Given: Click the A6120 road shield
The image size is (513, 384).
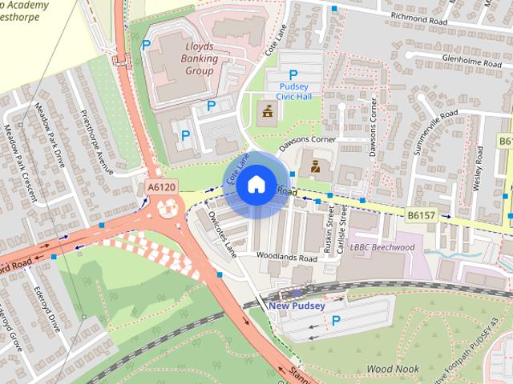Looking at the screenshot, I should (161, 186).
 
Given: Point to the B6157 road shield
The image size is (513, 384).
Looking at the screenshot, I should (419, 215).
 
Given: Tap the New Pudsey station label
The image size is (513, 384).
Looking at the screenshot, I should (297, 306).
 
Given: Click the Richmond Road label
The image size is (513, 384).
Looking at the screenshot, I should (417, 15).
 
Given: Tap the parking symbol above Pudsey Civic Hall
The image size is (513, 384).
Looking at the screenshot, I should (293, 75).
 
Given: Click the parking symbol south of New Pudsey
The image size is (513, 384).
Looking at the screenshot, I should (337, 321).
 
